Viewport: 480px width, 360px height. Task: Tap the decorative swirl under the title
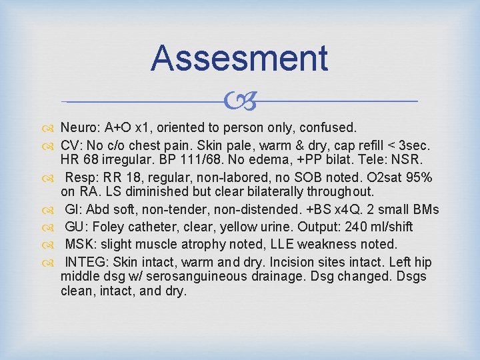(239, 102)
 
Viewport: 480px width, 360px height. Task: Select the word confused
(333, 127)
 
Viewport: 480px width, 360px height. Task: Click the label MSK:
(80, 243)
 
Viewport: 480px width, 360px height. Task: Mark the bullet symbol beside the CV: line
(51, 144)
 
